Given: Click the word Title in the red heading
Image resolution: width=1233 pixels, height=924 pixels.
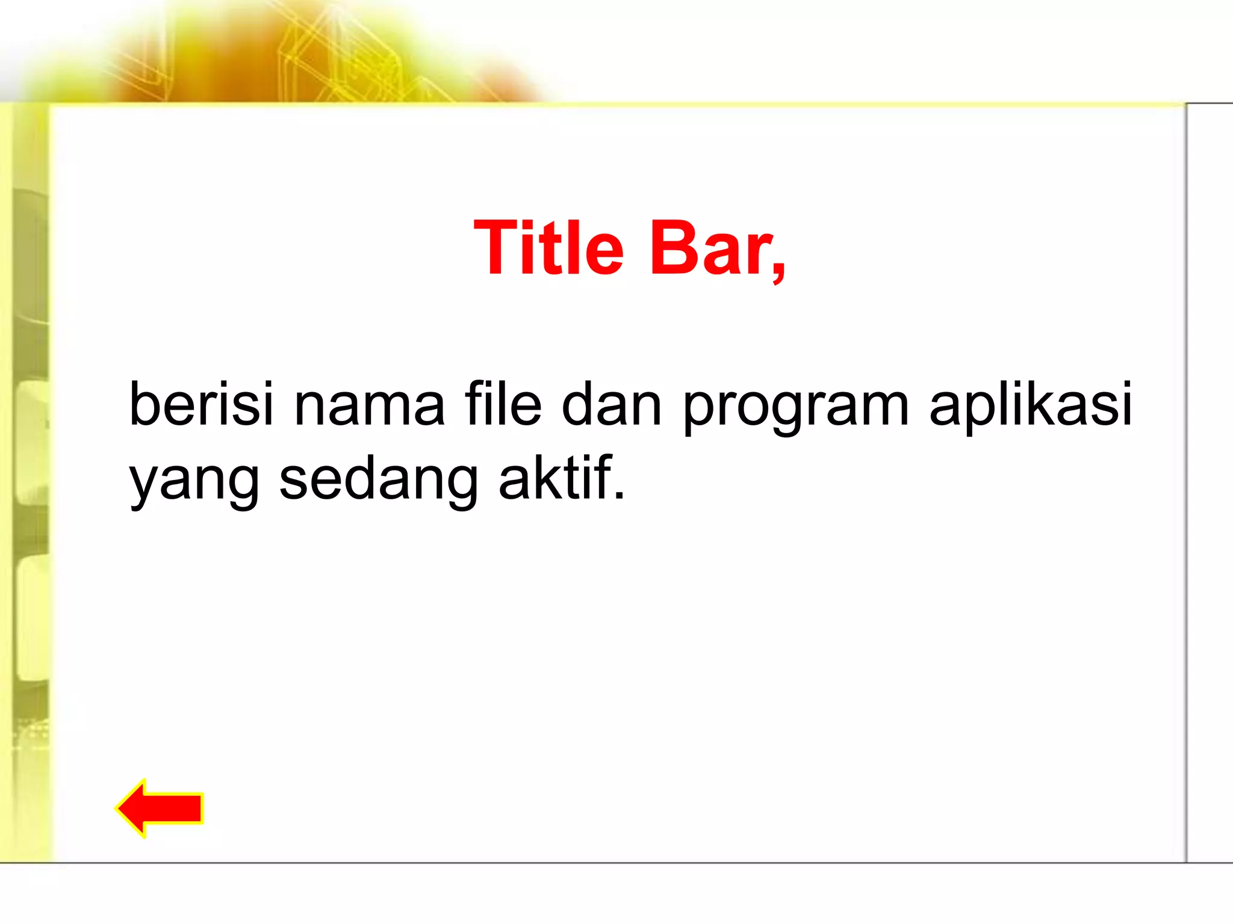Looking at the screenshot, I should [548, 248].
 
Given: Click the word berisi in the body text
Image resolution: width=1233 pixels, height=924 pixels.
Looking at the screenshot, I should [201, 404].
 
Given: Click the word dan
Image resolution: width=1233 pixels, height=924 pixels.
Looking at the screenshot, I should [611, 404].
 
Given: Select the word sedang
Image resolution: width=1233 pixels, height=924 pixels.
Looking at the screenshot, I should [378, 480].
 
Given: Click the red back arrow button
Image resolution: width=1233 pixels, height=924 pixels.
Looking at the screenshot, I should [160, 808].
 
